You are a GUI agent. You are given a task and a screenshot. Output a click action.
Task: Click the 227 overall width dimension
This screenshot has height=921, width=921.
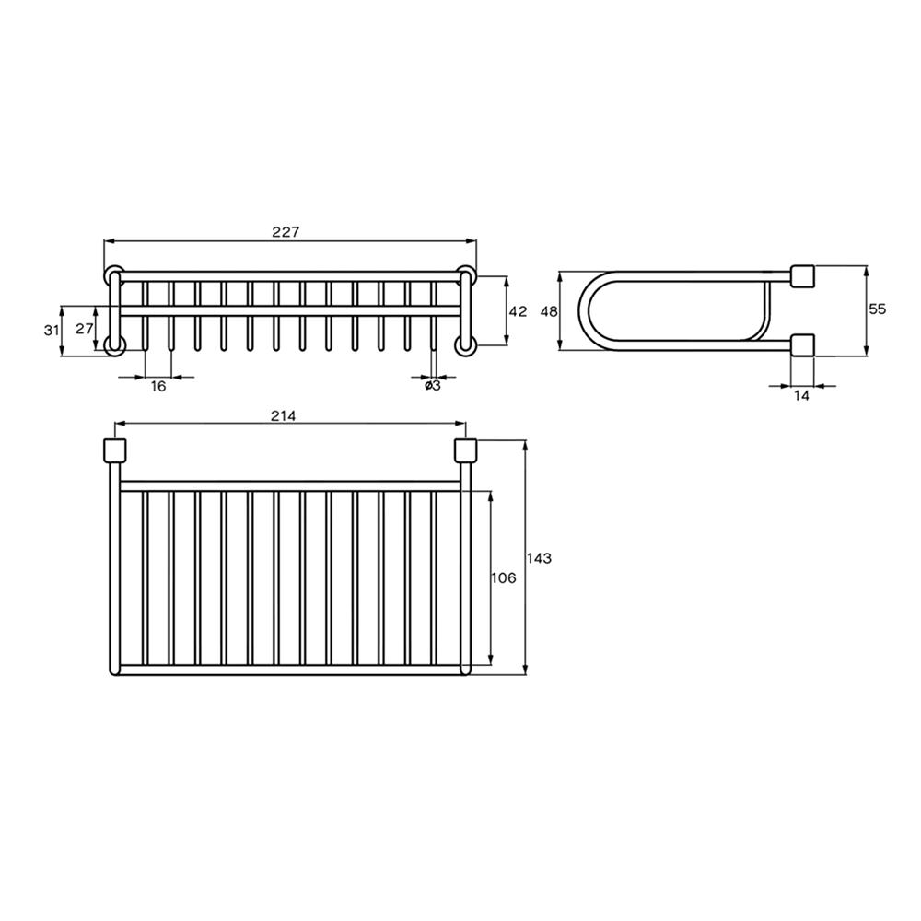(286, 232)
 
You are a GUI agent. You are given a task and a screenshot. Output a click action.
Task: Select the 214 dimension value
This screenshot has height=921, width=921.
(283, 416)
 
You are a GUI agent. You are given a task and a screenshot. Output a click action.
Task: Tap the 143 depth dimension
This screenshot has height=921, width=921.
(539, 558)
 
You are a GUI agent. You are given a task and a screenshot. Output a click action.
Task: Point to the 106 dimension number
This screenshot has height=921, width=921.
(504, 577)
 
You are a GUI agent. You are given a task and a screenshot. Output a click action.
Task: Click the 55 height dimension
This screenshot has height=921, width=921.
(877, 310)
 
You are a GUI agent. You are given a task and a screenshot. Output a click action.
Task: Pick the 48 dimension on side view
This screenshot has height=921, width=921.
(549, 311)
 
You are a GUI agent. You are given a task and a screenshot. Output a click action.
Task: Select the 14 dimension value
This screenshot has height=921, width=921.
(800, 395)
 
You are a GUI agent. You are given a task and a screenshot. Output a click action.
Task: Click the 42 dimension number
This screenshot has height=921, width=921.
(518, 311)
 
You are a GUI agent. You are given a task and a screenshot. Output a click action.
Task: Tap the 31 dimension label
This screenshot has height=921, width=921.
(51, 330)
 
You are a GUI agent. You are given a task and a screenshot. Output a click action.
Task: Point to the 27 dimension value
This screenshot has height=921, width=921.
(84, 328)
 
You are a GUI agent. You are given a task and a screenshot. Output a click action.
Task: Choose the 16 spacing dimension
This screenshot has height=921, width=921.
(158, 387)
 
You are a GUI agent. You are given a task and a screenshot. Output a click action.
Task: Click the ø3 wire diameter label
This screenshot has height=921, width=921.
(432, 387)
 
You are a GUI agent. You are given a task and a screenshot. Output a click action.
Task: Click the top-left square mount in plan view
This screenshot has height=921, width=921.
(113, 451)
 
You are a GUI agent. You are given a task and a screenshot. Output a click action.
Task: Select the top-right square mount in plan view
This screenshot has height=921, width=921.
(465, 451)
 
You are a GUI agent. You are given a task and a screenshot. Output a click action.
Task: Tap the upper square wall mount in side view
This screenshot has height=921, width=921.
(801, 275)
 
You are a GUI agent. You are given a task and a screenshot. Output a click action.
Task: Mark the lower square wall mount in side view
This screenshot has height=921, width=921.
(801, 345)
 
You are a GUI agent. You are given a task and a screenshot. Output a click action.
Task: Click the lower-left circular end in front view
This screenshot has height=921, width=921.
(114, 345)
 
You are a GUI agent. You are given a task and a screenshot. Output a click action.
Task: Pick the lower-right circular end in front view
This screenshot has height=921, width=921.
(465, 345)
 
